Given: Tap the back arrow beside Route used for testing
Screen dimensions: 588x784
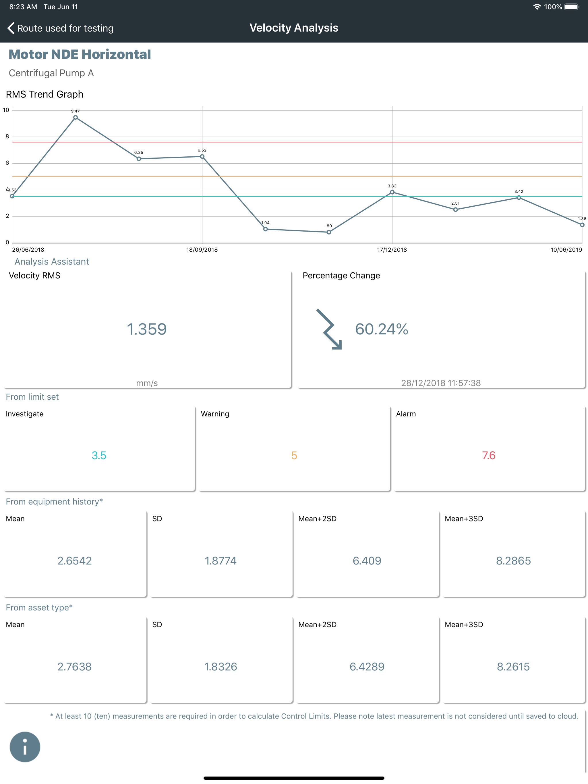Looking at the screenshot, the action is pos(11,28).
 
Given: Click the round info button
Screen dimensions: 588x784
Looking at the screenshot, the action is pos(25,747).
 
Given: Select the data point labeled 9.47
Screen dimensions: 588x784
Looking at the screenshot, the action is pos(76,117).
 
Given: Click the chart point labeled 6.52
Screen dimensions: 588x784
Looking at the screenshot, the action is pos(202,156).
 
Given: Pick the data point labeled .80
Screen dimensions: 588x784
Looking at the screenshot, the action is pos(329,232).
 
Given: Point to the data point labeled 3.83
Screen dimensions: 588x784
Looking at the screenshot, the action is pos(392,192).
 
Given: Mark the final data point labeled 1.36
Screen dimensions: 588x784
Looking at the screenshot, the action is pos(582,225).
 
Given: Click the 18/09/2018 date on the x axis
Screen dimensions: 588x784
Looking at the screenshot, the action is pos(202,249).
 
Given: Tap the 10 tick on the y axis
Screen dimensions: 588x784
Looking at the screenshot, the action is pos(6,110).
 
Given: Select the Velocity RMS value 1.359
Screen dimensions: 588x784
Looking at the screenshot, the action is pos(147,329).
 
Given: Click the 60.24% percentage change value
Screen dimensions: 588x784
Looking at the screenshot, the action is pos(382,329).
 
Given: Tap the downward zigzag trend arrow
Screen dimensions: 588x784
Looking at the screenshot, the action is pos(330,329).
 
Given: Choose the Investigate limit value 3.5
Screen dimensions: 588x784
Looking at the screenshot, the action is pos(99,455).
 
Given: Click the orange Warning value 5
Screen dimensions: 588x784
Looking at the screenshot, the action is pos(294,455).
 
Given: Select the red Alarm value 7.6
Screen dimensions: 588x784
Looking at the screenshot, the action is pos(489,455).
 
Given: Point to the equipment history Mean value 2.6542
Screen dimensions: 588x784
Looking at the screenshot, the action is pos(74,561).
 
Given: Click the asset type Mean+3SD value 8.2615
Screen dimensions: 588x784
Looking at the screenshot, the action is pos(513,667).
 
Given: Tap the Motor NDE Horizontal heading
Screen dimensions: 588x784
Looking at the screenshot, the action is pos(80,54).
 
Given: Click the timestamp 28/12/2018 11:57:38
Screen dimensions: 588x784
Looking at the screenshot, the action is pos(441,383).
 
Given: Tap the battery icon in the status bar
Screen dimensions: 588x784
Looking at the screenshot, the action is pos(572,7).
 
